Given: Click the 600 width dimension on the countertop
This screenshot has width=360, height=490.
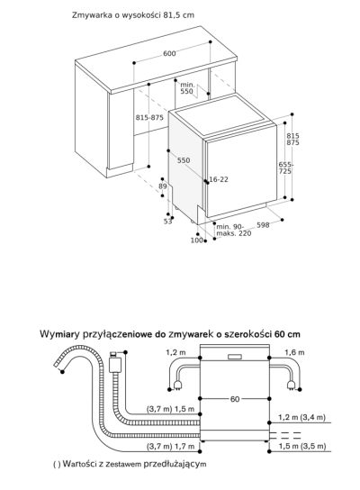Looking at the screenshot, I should [x=169, y=54].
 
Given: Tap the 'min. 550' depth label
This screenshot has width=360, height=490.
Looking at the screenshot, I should [x=186, y=86].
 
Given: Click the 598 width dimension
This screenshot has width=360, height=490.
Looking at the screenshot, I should [x=263, y=225].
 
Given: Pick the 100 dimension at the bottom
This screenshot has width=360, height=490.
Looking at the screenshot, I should [x=196, y=240].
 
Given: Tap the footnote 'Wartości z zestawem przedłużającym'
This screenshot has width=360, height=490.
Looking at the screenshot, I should [x=130, y=464].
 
